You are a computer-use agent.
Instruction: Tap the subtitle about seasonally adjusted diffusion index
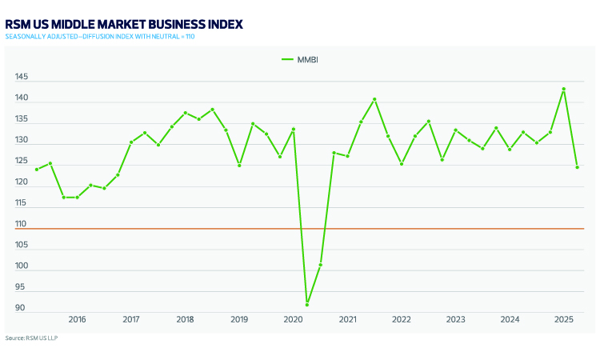100,37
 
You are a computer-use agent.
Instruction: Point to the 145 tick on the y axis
21,78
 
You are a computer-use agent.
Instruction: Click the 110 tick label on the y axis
21,224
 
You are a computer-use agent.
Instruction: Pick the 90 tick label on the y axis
21,308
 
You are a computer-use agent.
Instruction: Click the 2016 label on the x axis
77,320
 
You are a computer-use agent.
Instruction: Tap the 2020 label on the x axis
294,320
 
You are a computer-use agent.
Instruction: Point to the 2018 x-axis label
185,320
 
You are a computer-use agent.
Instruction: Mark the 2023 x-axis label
456,320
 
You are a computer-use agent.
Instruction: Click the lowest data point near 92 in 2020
307,305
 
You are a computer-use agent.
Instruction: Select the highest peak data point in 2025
564,89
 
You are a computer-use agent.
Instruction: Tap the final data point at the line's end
578,167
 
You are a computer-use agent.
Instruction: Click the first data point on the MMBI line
37,170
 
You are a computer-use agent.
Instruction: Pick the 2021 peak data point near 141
374,99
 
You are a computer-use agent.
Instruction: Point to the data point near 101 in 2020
321,265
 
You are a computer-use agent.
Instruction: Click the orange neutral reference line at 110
200,229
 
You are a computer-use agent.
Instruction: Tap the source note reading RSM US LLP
31,338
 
